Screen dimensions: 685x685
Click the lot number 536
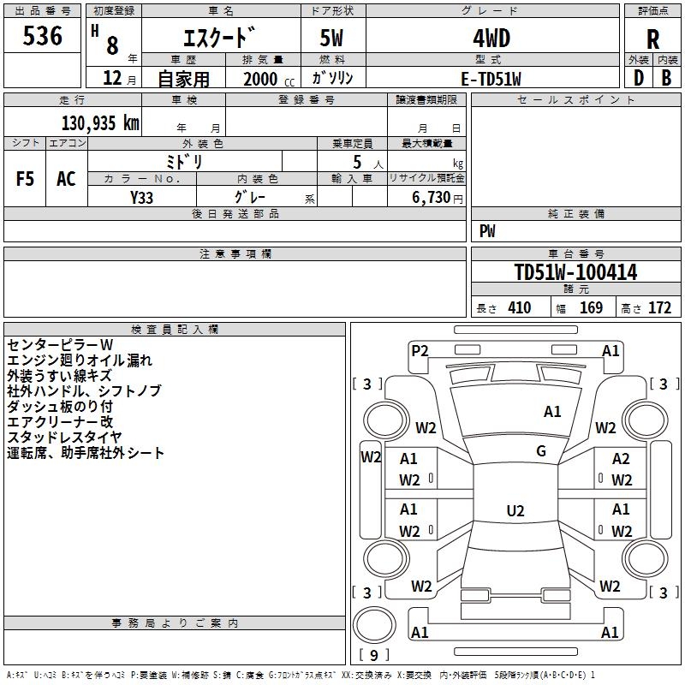(42, 36)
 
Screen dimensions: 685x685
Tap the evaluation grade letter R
(652, 39)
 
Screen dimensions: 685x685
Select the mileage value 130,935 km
(100, 123)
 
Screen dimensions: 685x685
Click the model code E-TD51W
(491, 79)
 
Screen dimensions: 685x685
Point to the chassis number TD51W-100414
(575, 272)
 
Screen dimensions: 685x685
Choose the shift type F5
(25, 179)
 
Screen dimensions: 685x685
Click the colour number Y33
(141, 198)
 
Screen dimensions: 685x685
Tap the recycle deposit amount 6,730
(432, 197)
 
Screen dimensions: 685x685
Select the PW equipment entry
(487, 230)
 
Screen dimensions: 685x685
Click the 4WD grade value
(491, 39)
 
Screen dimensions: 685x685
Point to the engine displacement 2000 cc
(269, 79)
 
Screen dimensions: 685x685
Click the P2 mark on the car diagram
(420, 351)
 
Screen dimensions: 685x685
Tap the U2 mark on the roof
(515, 510)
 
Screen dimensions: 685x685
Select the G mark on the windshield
(541, 450)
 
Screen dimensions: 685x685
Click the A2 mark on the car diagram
(621, 459)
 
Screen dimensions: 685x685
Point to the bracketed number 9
(374, 655)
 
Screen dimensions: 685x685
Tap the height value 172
(659, 308)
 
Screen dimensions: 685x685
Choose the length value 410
(519, 308)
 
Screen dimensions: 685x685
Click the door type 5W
(331, 39)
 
